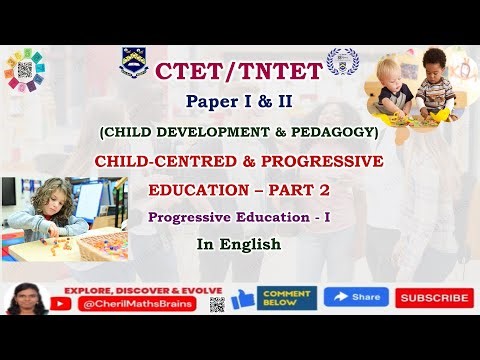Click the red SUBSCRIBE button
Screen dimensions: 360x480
click(x=434, y=298)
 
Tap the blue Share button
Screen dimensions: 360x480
click(x=356, y=298)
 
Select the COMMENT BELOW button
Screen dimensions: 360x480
click(x=287, y=298)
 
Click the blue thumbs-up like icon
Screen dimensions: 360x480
click(x=242, y=298)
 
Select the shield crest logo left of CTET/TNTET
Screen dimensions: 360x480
click(x=135, y=62)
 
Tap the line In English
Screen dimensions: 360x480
click(x=238, y=242)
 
